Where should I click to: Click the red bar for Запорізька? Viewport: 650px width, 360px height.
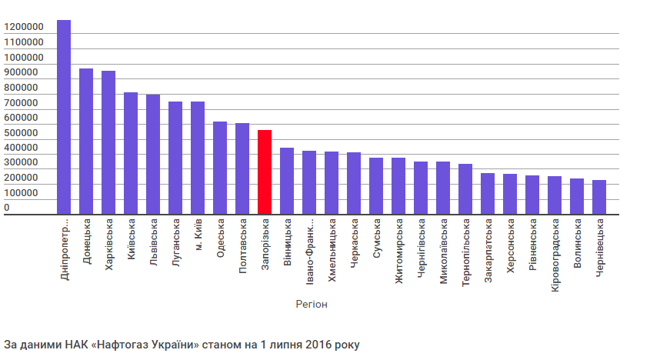[265, 172]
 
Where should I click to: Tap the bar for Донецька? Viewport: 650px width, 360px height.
[86, 142]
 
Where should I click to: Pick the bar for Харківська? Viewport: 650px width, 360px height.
[108, 143]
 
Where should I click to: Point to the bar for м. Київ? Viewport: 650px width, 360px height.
[198, 158]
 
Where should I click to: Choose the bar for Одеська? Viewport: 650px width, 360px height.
[220, 168]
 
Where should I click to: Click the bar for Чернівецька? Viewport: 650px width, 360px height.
[599, 198]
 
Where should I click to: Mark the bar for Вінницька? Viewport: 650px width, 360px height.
[287, 182]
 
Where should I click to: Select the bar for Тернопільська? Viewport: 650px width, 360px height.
[465, 189]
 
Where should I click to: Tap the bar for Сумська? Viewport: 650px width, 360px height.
[376, 186]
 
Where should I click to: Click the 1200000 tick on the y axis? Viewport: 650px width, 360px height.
[23, 28]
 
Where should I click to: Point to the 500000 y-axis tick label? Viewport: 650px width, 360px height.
[23, 133]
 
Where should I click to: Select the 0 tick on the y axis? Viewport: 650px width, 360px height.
[7, 208]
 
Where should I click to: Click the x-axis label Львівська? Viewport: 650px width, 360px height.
[153, 242]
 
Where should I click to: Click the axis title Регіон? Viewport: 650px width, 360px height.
[312, 305]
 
